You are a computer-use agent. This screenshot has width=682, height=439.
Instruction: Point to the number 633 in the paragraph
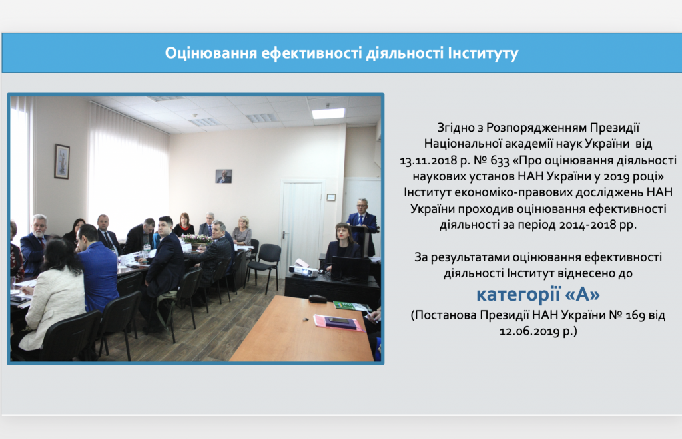pos(500,161)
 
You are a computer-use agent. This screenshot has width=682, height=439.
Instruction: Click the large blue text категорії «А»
pos(538,295)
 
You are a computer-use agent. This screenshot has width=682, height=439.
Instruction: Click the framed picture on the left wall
pos(62,161)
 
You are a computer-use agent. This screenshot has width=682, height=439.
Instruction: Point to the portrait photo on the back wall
pos(224,176)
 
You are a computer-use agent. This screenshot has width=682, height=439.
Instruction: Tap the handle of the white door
pos(284,235)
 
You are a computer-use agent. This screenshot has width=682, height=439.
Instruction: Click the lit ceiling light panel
pos(328,113)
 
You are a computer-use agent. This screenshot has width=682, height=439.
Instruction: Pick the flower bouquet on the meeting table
pos(196,239)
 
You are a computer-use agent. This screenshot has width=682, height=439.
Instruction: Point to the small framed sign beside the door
pos(331,197)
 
